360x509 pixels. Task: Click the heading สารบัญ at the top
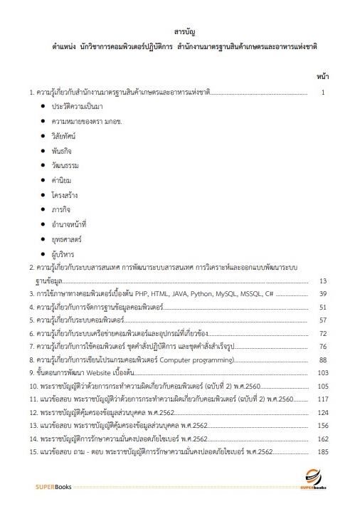point(181,32)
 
